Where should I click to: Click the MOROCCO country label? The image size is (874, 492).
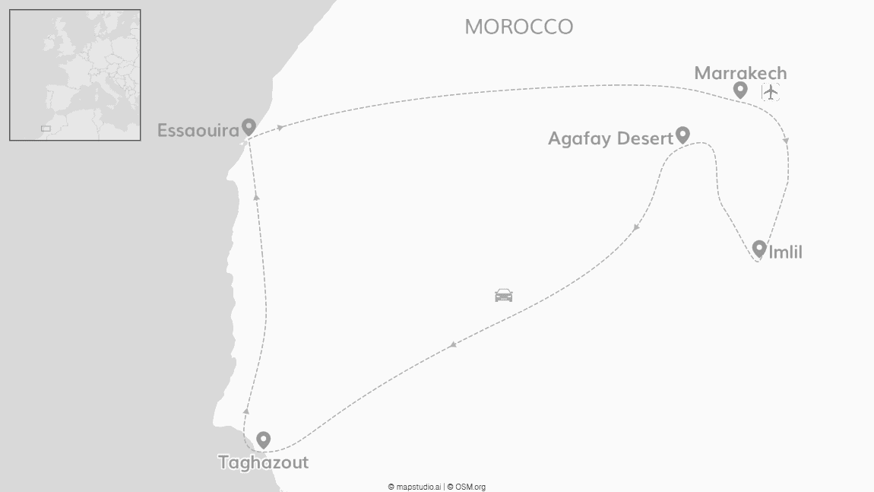518,27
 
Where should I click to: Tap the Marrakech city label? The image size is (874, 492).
740,73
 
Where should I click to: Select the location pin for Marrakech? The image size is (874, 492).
740,90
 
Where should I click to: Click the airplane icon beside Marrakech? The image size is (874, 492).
771,92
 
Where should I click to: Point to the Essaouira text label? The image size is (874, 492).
198,130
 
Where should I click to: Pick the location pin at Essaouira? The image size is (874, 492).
249,126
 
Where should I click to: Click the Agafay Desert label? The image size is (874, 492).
610,138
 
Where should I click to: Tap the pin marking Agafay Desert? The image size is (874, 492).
682,135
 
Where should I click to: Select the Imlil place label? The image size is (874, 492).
785,252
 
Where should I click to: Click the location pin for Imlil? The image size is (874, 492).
758,248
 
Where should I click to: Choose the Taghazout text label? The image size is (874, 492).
263,462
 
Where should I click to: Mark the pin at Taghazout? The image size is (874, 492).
263,439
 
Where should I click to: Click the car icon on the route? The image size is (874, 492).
503,295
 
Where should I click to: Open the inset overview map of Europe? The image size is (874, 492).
74,75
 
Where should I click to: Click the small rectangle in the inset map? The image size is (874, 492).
46,129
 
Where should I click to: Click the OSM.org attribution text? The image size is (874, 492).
470,487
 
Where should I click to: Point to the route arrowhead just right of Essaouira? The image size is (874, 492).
280,128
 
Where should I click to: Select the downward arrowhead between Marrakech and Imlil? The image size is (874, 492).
786,141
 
